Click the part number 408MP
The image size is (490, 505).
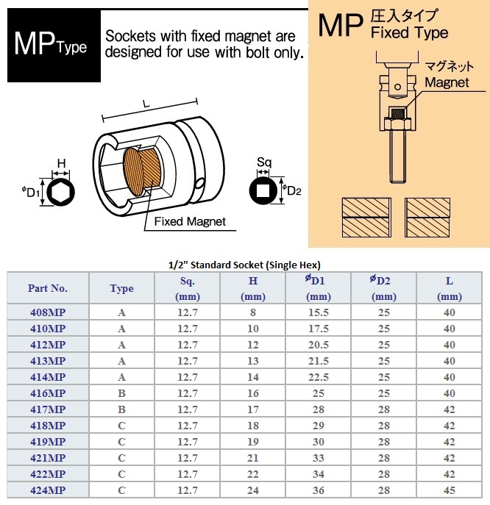pyautogui.click(x=47, y=312)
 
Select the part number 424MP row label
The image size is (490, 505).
pyautogui.click(x=47, y=490)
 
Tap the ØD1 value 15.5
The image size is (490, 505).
pyautogui.click(x=318, y=312)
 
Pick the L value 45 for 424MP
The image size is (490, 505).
pyautogui.click(x=450, y=490)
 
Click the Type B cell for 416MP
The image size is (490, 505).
pyautogui.click(x=121, y=393)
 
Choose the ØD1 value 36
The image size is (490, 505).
pyautogui.click(x=318, y=490)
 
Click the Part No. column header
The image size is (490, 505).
pyautogui.click(x=47, y=288)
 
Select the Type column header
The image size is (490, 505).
pyautogui.click(x=121, y=288)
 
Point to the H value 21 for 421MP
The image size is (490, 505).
pyautogui.click(x=253, y=458)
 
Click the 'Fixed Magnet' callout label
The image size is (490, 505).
pyautogui.click(x=190, y=221)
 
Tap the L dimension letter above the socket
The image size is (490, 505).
pyautogui.click(x=147, y=107)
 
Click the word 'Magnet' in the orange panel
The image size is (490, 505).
pyautogui.click(x=447, y=82)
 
